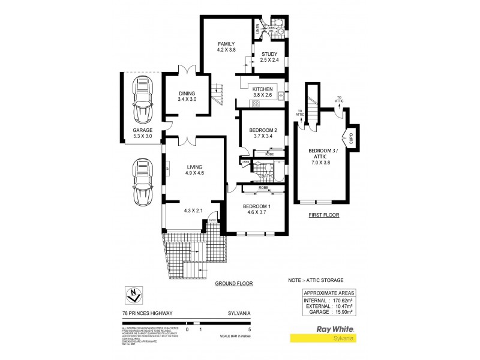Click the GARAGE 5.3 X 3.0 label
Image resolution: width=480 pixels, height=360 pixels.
coord(143,133)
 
